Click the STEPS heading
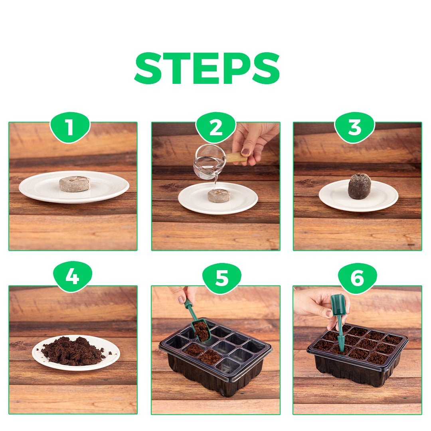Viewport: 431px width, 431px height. pyautogui.click(x=207, y=69)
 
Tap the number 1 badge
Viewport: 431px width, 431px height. pyautogui.click(x=70, y=128)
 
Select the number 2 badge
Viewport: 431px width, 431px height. pyautogui.click(x=215, y=128)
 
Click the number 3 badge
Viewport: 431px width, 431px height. pyautogui.click(x=354, y=128)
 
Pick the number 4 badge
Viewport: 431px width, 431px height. pyautogui.click(x=72, y=277)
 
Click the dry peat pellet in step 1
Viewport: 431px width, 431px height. pyautogui.click(x=75, y=184)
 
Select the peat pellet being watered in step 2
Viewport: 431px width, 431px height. pyautogui.click(x=219, y=196)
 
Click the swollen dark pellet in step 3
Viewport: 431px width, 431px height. pyautogui.click(x=359, y=186)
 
